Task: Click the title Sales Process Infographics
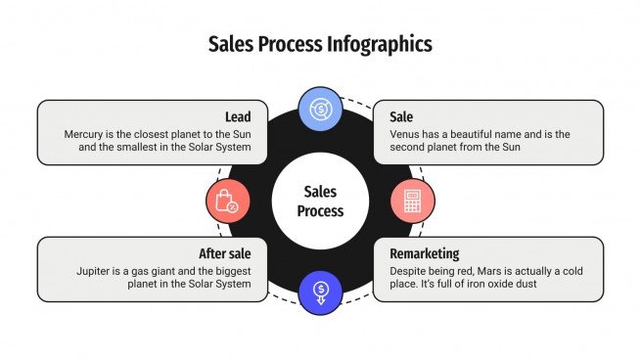pos(320,44)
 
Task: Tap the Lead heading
pos(238,117)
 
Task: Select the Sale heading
pos(401,117)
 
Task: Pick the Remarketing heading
pos(424,253)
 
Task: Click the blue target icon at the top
pos(319,109)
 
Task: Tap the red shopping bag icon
pos(227,201)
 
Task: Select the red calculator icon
pos(412,201)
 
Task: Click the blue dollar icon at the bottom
pos(319,291)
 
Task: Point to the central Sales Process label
pos(320,201)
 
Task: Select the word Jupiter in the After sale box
pos(96,270)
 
